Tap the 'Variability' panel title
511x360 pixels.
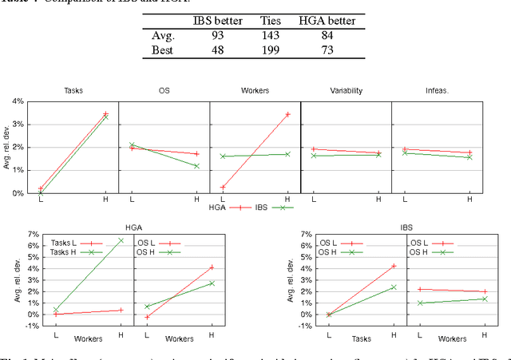(x=346, y=90)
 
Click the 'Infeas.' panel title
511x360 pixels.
(x=437, y=90)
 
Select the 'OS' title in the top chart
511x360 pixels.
(x=164, y=90)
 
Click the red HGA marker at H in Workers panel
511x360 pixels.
(x=287, y=114)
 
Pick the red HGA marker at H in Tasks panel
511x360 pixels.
(x=105, y=114)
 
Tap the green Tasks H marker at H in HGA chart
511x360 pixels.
(x=121, y=240)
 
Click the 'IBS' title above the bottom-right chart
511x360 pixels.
(x=406, y=226)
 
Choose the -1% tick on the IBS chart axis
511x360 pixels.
(x=304, y=326)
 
